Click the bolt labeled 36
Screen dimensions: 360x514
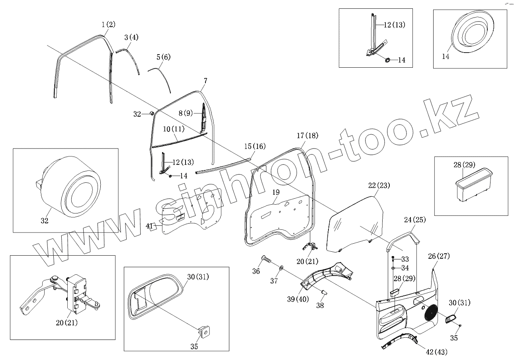pyautogui.click(x=266, y=260)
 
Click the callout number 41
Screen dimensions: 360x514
pyautogui.click(x=149, y=226)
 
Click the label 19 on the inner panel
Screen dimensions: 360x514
pyautogui.click(x=276, y=192)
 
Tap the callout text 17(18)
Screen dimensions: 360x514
pyautogui.click(x=307, y=135)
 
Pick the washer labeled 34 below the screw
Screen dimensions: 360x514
pyautogui.click(x=393, y=268)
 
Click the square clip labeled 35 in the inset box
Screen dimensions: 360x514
pyautogui.click(x=205, y=330)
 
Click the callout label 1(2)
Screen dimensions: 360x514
pyautogui.click(x=108, y=24)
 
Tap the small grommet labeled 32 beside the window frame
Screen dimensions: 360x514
pyautogui.click(x=152, y=114)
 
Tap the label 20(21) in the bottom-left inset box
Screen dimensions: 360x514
pyautogui.click(x=66, y=323)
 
